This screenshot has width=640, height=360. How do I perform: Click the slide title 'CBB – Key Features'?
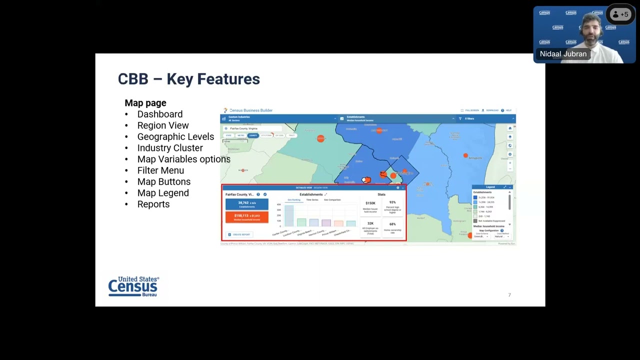point(188,79)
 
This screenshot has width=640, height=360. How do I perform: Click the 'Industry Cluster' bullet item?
point(170,148)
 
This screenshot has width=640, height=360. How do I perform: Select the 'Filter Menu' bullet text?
point(160,170)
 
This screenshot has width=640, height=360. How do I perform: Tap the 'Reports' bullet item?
point(153,204)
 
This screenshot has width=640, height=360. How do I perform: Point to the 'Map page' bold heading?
point(145,103)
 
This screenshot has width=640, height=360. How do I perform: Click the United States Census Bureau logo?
point(133,286)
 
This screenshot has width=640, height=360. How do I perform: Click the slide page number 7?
point(509,295)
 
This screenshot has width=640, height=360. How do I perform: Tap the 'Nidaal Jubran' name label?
point(563,54)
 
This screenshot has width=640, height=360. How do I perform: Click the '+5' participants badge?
point(620,14)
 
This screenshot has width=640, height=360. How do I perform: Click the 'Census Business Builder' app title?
point(250,110)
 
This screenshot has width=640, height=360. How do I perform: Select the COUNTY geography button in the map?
point(253,135)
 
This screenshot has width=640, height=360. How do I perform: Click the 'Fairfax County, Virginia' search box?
point(252,128)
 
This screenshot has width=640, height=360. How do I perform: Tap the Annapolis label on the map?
point(475,158)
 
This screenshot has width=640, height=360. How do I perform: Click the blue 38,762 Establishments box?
point(246,204)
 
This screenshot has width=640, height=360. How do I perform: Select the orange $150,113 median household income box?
point(246,217)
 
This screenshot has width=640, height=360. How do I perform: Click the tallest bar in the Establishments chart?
point(289,216)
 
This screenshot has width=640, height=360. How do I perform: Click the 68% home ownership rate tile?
point(392,227)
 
